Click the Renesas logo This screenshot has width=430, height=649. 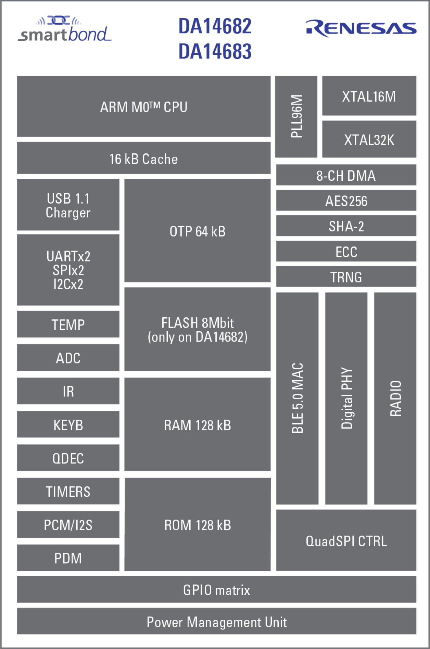361,28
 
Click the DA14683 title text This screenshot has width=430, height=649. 215,51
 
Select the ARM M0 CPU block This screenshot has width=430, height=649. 143,106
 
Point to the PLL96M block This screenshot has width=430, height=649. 296,116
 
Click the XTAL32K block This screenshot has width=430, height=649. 369,139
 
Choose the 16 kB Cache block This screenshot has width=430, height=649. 143,158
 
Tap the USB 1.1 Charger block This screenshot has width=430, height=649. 68,205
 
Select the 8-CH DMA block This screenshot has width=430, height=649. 346,175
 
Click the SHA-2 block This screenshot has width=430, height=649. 346,226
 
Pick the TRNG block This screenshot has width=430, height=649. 346,277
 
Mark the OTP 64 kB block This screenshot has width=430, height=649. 198,231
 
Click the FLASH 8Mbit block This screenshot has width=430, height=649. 198,329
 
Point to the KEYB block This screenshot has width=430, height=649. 68,424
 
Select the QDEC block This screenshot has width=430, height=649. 68,458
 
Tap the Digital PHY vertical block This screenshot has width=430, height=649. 346,398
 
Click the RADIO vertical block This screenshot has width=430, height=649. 395,398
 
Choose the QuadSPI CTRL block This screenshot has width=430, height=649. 346,540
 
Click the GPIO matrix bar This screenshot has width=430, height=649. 216,589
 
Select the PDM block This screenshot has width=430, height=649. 68,558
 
